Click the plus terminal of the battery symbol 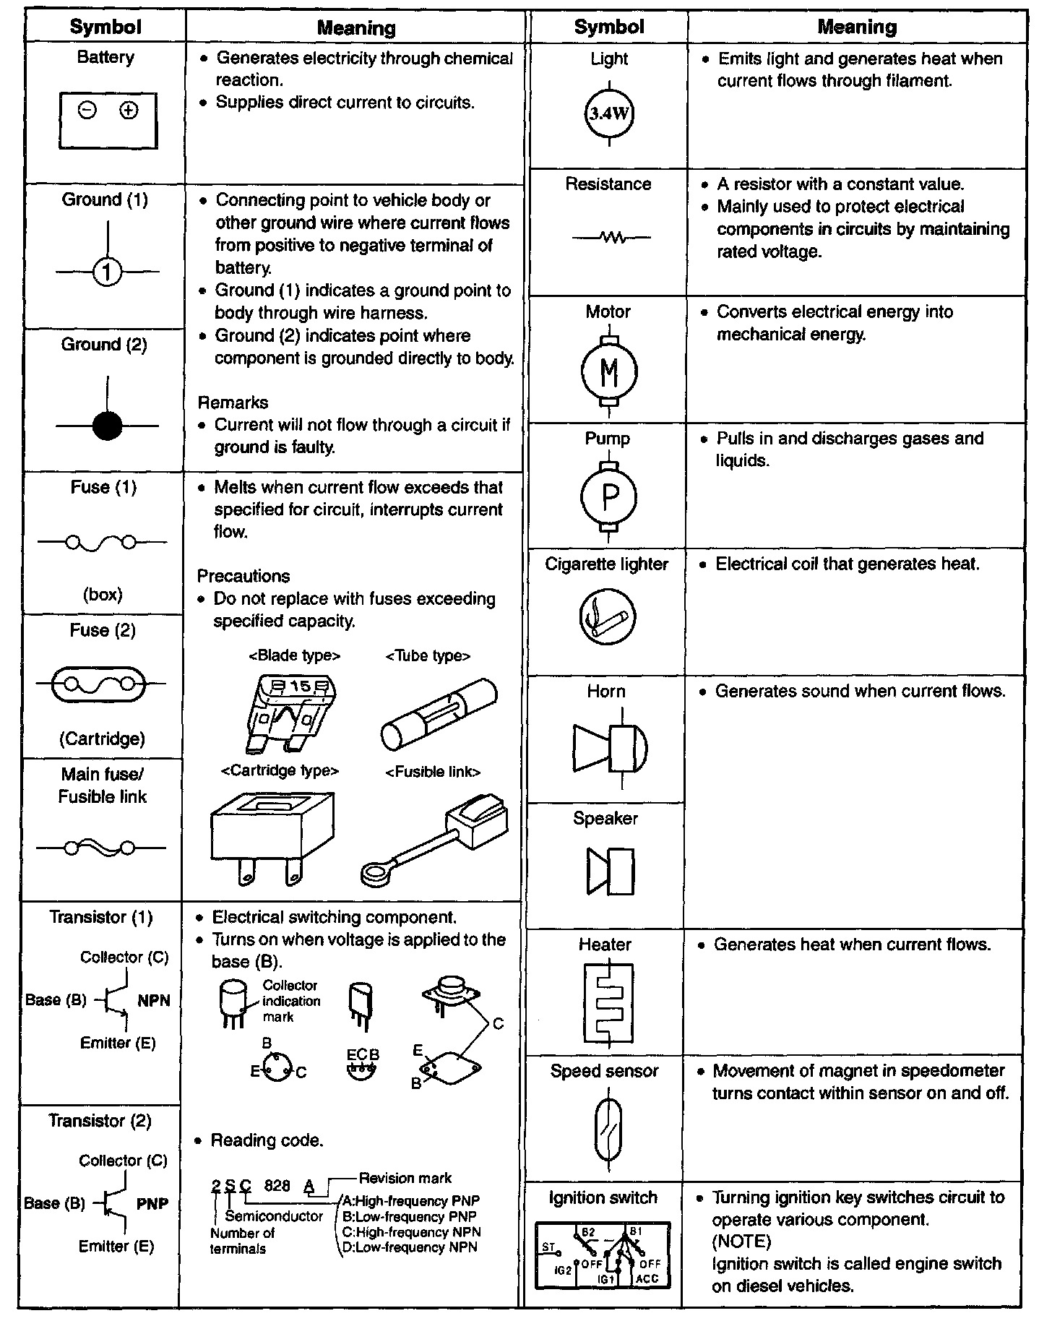(129, 111)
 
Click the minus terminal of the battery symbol (87, 111)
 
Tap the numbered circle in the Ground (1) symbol (107, 272)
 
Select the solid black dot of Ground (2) (107, 426)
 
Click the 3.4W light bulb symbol (608, 113)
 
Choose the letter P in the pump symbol (609, 496)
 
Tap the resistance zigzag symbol (611, 237)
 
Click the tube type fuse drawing (438, 715)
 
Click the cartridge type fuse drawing (272, 837)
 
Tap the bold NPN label (154, 1000)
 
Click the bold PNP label (152, 1204)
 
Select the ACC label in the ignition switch (647, 1278)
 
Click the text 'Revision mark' (405, 1178)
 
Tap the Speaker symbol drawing (611, 872)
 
